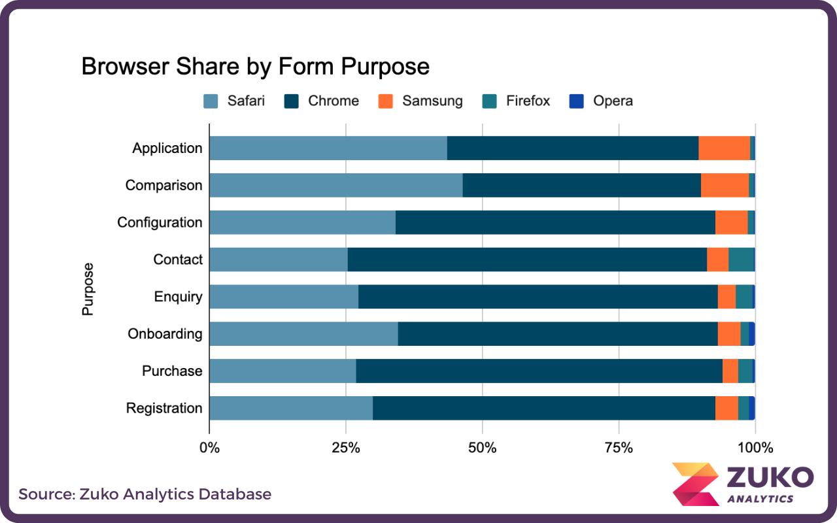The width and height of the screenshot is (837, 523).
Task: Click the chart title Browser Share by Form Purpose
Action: [255, 67]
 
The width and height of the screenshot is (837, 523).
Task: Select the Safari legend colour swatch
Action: [211, 101]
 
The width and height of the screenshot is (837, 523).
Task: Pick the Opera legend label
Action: [613, 101]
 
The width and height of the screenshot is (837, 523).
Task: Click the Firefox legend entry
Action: [516, 101]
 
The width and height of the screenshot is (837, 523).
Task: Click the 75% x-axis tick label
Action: [619, 448]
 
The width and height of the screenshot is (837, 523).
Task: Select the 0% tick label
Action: [209, 448]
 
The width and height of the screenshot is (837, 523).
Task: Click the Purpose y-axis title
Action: [88, 289]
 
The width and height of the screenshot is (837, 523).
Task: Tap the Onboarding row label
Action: [165, 334]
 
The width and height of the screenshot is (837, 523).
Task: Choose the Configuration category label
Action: [160, 222]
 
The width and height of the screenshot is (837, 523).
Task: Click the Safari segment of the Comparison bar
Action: [335, 185]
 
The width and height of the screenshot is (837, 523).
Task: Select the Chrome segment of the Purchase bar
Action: [539, 371]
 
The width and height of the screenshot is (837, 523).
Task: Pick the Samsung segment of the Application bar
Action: [724, 148]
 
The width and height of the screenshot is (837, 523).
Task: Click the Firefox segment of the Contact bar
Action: [741, 260]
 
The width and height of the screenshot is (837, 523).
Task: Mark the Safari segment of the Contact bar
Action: [278, 260]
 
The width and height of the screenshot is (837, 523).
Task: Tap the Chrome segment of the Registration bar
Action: [543, 408]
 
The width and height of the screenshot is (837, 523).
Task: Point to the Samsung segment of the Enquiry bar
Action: [726, 297]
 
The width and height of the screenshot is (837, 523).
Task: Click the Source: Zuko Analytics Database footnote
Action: [145, 494]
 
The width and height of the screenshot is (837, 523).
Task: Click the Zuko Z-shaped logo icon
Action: [694, 484]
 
